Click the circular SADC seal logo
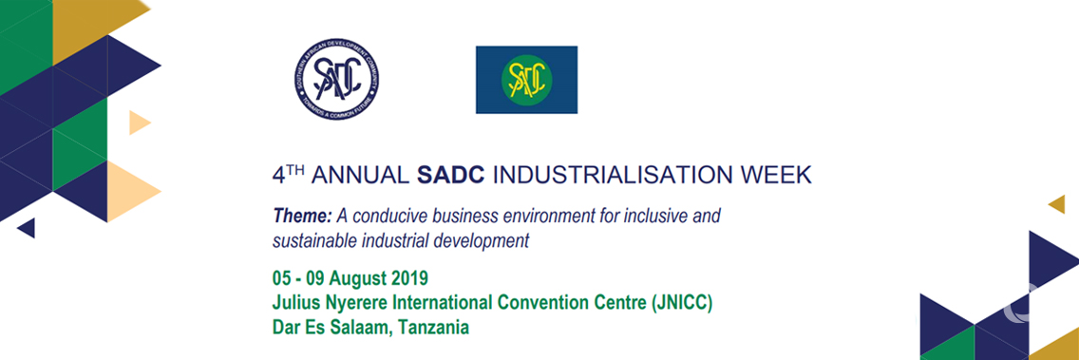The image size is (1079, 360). [x=337, y=82]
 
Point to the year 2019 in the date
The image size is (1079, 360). [x=409, y=279]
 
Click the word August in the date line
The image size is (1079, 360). [x=355, y=279]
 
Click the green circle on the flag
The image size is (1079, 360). [x=525, y=80]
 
